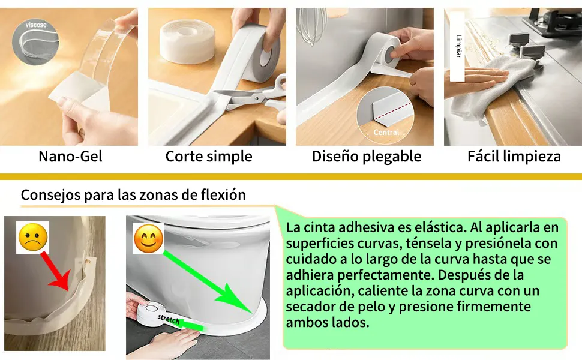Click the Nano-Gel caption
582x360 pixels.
pos(70,157)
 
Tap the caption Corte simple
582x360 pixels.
pos(209,157)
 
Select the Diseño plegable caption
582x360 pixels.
pos(367,157)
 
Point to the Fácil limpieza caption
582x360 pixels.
pos(514,156)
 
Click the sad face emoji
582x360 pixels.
pos(32,237)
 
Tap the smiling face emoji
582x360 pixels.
pos(148,239)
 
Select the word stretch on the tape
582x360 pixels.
pos(169,319)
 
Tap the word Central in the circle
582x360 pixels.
pos(386,132)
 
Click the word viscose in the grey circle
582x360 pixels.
pos(36,25)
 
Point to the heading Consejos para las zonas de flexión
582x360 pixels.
pos(133,195)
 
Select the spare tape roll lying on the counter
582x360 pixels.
pos(187,41)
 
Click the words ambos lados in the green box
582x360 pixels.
pos(328,323)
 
